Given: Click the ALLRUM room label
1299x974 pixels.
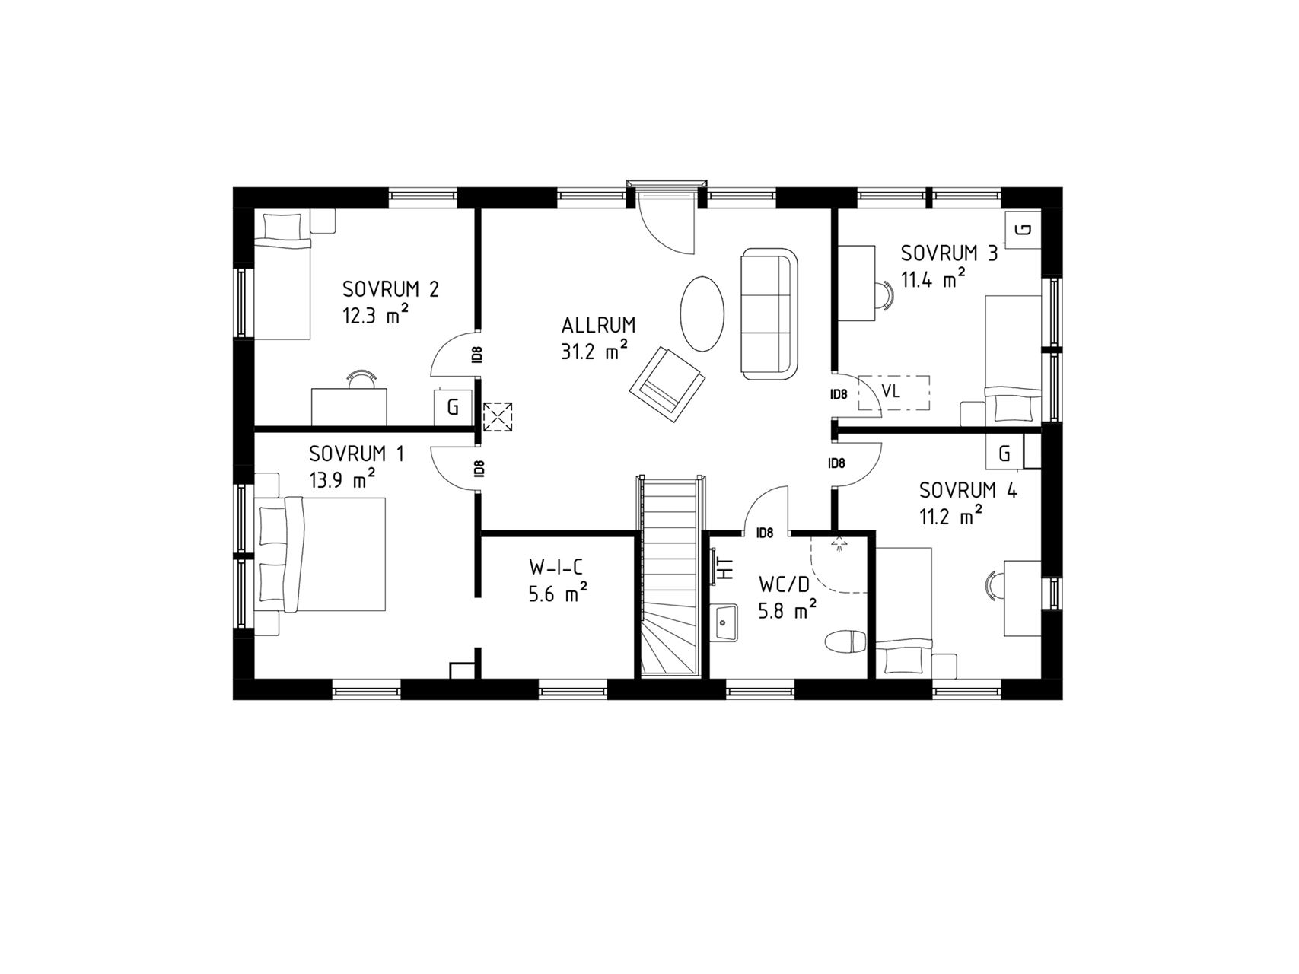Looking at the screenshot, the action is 598,326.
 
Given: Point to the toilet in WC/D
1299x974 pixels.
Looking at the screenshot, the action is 846,641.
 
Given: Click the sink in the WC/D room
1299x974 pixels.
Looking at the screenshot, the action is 725,624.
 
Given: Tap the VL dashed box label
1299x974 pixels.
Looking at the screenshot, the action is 890,391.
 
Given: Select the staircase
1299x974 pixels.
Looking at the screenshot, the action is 669,576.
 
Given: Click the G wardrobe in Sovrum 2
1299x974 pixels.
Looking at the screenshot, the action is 454,408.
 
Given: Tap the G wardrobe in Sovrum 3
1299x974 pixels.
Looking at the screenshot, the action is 1024,229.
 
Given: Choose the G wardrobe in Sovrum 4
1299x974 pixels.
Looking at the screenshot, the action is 1005,454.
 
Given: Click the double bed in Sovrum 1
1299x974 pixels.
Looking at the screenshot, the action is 320,555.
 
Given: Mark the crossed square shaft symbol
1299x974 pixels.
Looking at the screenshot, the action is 498,417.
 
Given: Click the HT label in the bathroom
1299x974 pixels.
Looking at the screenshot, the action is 727,569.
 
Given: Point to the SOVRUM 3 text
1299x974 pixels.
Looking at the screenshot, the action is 948,253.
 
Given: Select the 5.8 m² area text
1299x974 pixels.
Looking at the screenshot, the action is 788,610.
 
